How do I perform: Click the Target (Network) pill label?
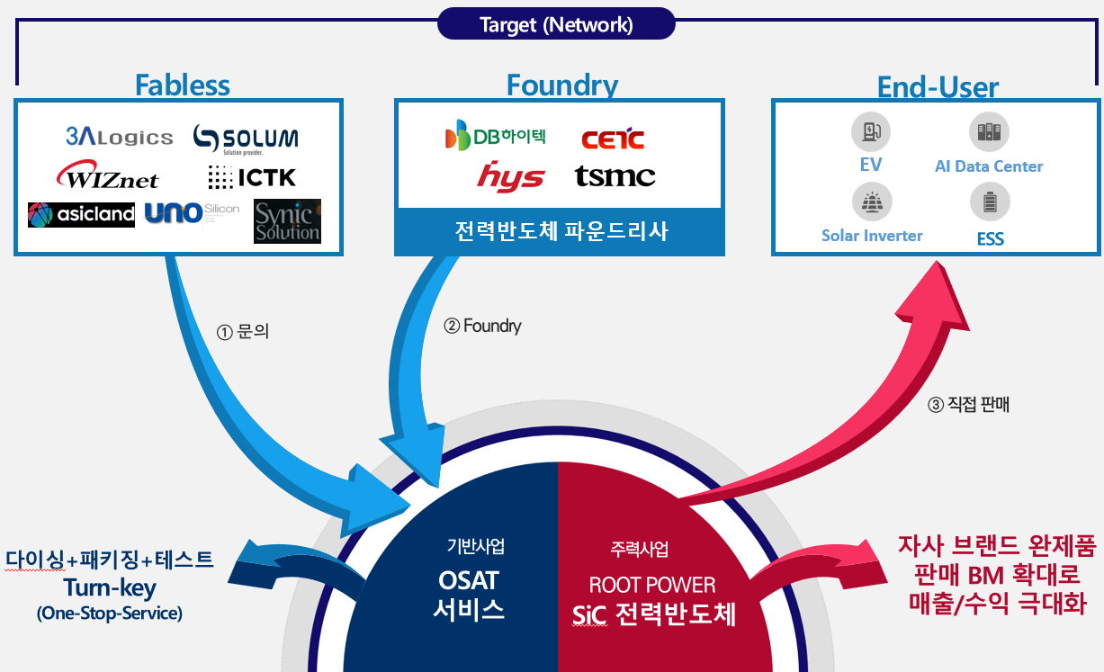pyautogui.click(x=556, y=24)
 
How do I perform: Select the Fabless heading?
pyautogui.click(x=182, y=85)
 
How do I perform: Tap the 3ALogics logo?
pyautogui.click(x=119, y=137)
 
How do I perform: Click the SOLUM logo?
pyautogui.click(x=246, y=139)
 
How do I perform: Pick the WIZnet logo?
pyautogui.click(x=107, y=175)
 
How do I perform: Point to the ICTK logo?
pyautogui.click(x=252, y=177)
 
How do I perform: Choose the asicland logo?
pyautogui.click(x=81, y=214)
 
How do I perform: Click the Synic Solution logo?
pyautogui.click(x=287, y=221)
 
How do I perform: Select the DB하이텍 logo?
pyautogui.click(x=495, y=136)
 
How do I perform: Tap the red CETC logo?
pyautogui.click(x=613, y=139)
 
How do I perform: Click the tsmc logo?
pyautogui.click(x=615, y=176)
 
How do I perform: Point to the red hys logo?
pyautogui.click(x=510, y=177)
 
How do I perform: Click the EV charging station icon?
pyautogui.click(x=871, y=133)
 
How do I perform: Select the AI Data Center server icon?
pyautogui.click(x=989, y=133)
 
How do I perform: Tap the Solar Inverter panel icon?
pyautogui.click(x=871, y=202)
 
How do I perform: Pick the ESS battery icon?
pyautogui.click(x=990, y=202)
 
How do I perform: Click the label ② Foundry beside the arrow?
pyautogui.click(x=482, y=326)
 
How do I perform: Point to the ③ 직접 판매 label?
pyautogui.click(x=969, y=405)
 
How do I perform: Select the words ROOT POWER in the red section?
pyautogui.click(x=652, y=585)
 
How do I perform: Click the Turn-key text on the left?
pyautogui.click(x=110, y=588)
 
